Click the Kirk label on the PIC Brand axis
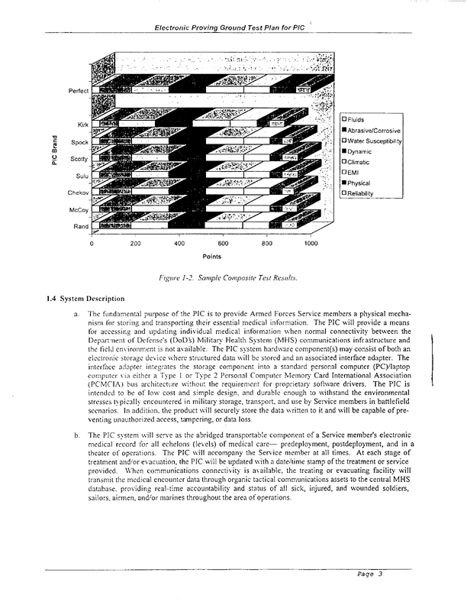tap(82, 125)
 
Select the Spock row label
tap(79, 142)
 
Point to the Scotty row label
tap(79, 159)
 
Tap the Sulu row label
tap(82, 176)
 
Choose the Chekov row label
tap(78, 193)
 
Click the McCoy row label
tap(79, 210)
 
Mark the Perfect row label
tap(78, 91)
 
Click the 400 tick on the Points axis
tap(179, 244)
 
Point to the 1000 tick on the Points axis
tap(311, 244)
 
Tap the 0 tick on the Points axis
tap(92, 244)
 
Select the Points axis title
tap(212, 257)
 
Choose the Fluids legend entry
tap(356, 119)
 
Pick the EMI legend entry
tap(353, 173)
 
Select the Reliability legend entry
tap(361, 193)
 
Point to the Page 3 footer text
tap(369, 574)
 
